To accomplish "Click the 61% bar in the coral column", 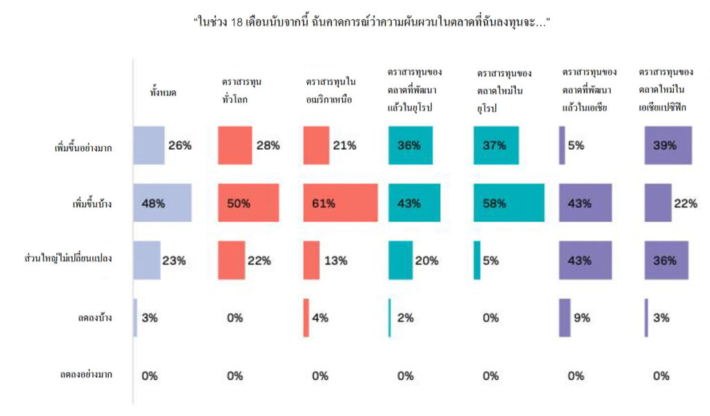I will point(340,203).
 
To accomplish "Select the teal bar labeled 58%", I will point(509,203).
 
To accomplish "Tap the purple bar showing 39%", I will point(668,146).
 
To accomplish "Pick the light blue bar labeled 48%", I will point(162,203).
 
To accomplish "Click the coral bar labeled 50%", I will point(248,203).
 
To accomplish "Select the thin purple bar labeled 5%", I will point(562,146).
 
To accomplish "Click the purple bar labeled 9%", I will point(564,318).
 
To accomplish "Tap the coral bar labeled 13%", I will point(311,260).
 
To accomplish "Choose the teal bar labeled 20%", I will point(401,260).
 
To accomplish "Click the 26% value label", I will point(180,146).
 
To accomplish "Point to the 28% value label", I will point(268,146).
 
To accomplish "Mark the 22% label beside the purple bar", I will point(685,203).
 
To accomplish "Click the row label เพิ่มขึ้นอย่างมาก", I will point(83,148).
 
